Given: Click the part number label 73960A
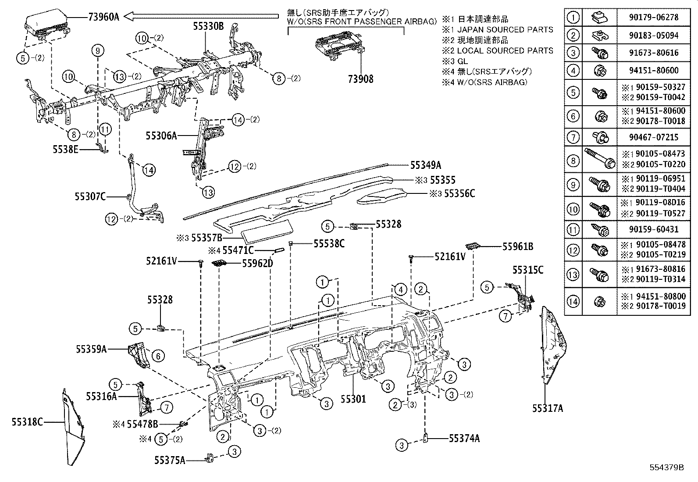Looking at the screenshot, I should [104, 17].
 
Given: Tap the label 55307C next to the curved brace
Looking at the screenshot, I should [90, 196].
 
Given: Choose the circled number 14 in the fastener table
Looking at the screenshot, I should [573, 302].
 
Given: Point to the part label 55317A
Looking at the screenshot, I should [548, 408].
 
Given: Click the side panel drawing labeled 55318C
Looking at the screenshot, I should [73, 428].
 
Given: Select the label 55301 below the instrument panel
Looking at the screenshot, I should [353, 399].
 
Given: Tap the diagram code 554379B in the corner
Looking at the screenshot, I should [667, 467].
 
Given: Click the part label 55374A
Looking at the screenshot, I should [464, 438].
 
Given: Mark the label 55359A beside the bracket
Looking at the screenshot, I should [91, 349].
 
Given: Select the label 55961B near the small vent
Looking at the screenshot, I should [518, 247].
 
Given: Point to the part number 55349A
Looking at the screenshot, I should [426, 165].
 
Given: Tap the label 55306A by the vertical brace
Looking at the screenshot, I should [161, 136].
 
